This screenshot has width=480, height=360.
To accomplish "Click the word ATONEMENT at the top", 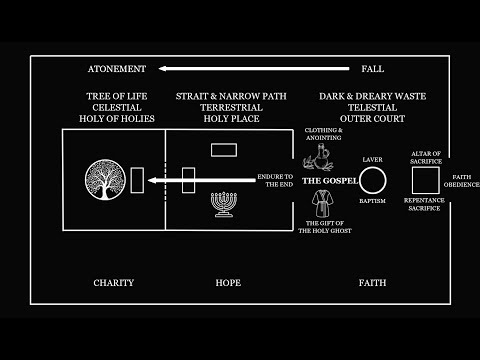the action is pyautogui.click(x=117, y=69).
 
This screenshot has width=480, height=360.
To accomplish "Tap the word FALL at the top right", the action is pyautogui.click(x=371, y=69).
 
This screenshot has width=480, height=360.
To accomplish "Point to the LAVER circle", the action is pyautogui.click(x=372, y=181).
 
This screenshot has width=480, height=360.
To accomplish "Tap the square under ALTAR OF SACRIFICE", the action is pyautogui.click(x=426, y=181).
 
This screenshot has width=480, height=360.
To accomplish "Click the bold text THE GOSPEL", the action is pyautogui.click(x=330, y=181).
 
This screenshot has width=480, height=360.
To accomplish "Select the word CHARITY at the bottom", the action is pyautogui.click(x=113, y=283).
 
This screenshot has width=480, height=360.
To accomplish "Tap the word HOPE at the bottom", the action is pyautogui.click(x=228, y=283).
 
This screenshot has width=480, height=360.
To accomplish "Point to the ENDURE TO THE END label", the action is pyautogui.click(x=273, y=180).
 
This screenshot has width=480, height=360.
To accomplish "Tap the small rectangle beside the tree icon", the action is pyautogui.click(x=137, y=180).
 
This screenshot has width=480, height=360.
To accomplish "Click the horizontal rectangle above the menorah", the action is pyautogui.click(x=223, y=149).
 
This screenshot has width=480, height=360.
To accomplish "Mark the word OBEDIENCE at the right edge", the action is pyautogui.click(x=463, y=184).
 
